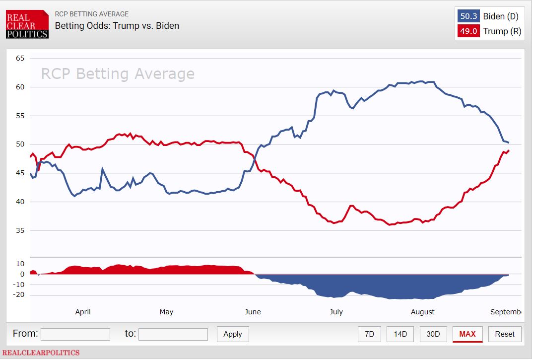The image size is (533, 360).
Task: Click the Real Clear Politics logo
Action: tap(27, 24)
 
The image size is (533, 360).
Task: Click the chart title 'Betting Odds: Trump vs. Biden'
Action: tap(117, 26)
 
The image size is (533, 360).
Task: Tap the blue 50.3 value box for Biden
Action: tap(468, 16)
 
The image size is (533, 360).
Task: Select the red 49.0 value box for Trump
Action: tap(468, 31)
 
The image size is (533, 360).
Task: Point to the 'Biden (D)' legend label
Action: tap(501, 16)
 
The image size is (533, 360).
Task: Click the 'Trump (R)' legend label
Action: tap(502, 31)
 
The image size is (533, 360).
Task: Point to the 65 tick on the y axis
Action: tap(20, 58)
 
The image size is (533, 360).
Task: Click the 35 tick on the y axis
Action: tap(20, 230)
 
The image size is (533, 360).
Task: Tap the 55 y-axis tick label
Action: tap(20, 116)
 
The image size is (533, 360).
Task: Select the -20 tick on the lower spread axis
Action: tap(19, 295)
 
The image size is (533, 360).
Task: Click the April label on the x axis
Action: tap(83, 312)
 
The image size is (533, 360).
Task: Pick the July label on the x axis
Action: tap(336, 312)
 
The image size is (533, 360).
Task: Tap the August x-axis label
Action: tap(423, 312)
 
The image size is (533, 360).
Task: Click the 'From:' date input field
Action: tap(75, 334)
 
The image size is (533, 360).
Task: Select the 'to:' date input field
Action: tap(173, 334)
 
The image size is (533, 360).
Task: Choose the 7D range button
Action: tap(369, 334)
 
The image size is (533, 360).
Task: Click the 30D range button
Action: tap(433, 334)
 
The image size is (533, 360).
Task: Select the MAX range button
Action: tap(467, 334)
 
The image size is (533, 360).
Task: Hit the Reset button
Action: tap(505, 334)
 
